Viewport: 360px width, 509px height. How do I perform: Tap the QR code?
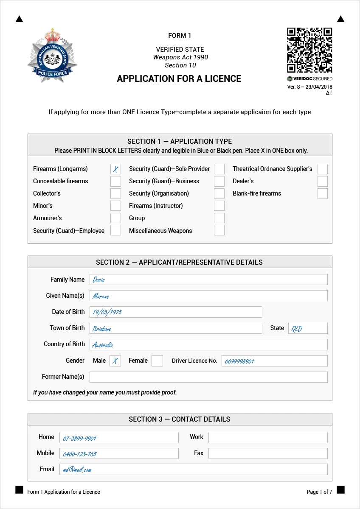[x=309, y=50]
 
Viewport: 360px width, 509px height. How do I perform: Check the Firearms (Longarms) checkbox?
[x=115, y=169]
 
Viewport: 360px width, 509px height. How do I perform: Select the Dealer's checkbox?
[x=323, y=182]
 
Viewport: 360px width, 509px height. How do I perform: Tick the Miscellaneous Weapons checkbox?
[x=219, y=230]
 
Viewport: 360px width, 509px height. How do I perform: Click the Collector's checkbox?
[x=115, y=194]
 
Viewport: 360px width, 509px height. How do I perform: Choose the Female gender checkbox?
[x=157, y=361]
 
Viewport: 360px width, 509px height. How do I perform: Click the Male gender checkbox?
[x=115, y=361]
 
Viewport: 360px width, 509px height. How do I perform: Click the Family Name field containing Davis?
[x=208, y=280]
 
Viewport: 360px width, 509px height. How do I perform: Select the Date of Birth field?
[x=176, y=312]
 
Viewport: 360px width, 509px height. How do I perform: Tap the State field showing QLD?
[x=308, y=328]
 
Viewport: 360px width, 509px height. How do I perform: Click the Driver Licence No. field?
[x=274, y=361]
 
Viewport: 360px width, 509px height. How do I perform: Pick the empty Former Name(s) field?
[x=208, y=377]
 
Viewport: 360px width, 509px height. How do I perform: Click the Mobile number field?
[x=119, y=453]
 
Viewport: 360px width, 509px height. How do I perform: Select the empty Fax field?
[x=268, y=453]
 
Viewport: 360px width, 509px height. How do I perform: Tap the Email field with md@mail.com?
[x=193, y=470]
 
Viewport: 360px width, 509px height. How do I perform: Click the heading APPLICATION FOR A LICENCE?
[x=179, y=79]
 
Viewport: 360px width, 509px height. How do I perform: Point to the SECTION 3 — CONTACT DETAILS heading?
[x=180, y=420]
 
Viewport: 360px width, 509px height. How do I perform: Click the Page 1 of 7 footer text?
[x=319, y=492]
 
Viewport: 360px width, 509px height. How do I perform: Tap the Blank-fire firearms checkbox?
[x=323, y=194]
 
